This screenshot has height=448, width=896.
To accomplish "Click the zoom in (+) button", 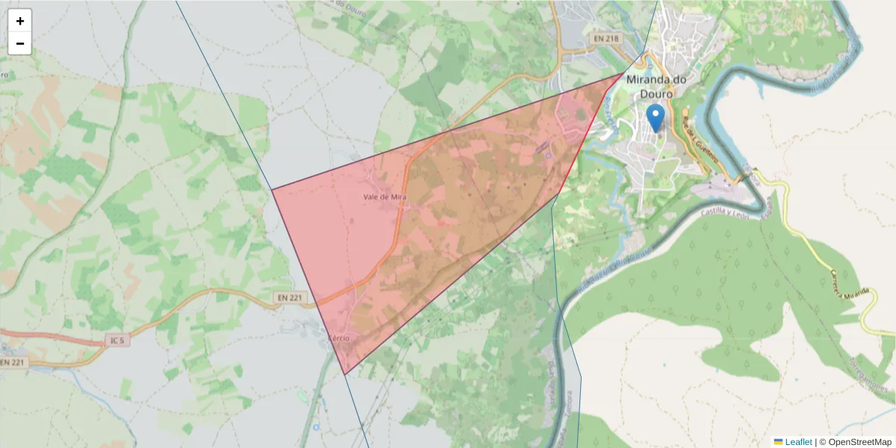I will (x=19, y=21).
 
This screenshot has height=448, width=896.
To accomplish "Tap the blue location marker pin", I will (x=655, y=118).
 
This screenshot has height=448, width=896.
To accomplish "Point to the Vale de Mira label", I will (x=383, y=196).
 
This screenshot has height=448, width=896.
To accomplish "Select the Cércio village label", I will (x=338, y=338).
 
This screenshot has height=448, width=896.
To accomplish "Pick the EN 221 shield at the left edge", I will (x=11, y=362).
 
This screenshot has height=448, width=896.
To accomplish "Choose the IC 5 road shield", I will (x=115, y=341).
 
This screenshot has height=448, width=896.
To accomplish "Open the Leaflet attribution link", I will (x=797, y=442).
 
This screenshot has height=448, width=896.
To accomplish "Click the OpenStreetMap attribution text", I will (x=855, y=442).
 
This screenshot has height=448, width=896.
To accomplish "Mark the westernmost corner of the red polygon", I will (x=272, y=189).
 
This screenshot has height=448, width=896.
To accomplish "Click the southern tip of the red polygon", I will (x=344, y=374).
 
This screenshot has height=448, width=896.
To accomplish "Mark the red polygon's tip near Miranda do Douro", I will (x=626, y=73).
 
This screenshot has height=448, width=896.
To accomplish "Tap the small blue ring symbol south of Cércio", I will (x=316, y=427).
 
